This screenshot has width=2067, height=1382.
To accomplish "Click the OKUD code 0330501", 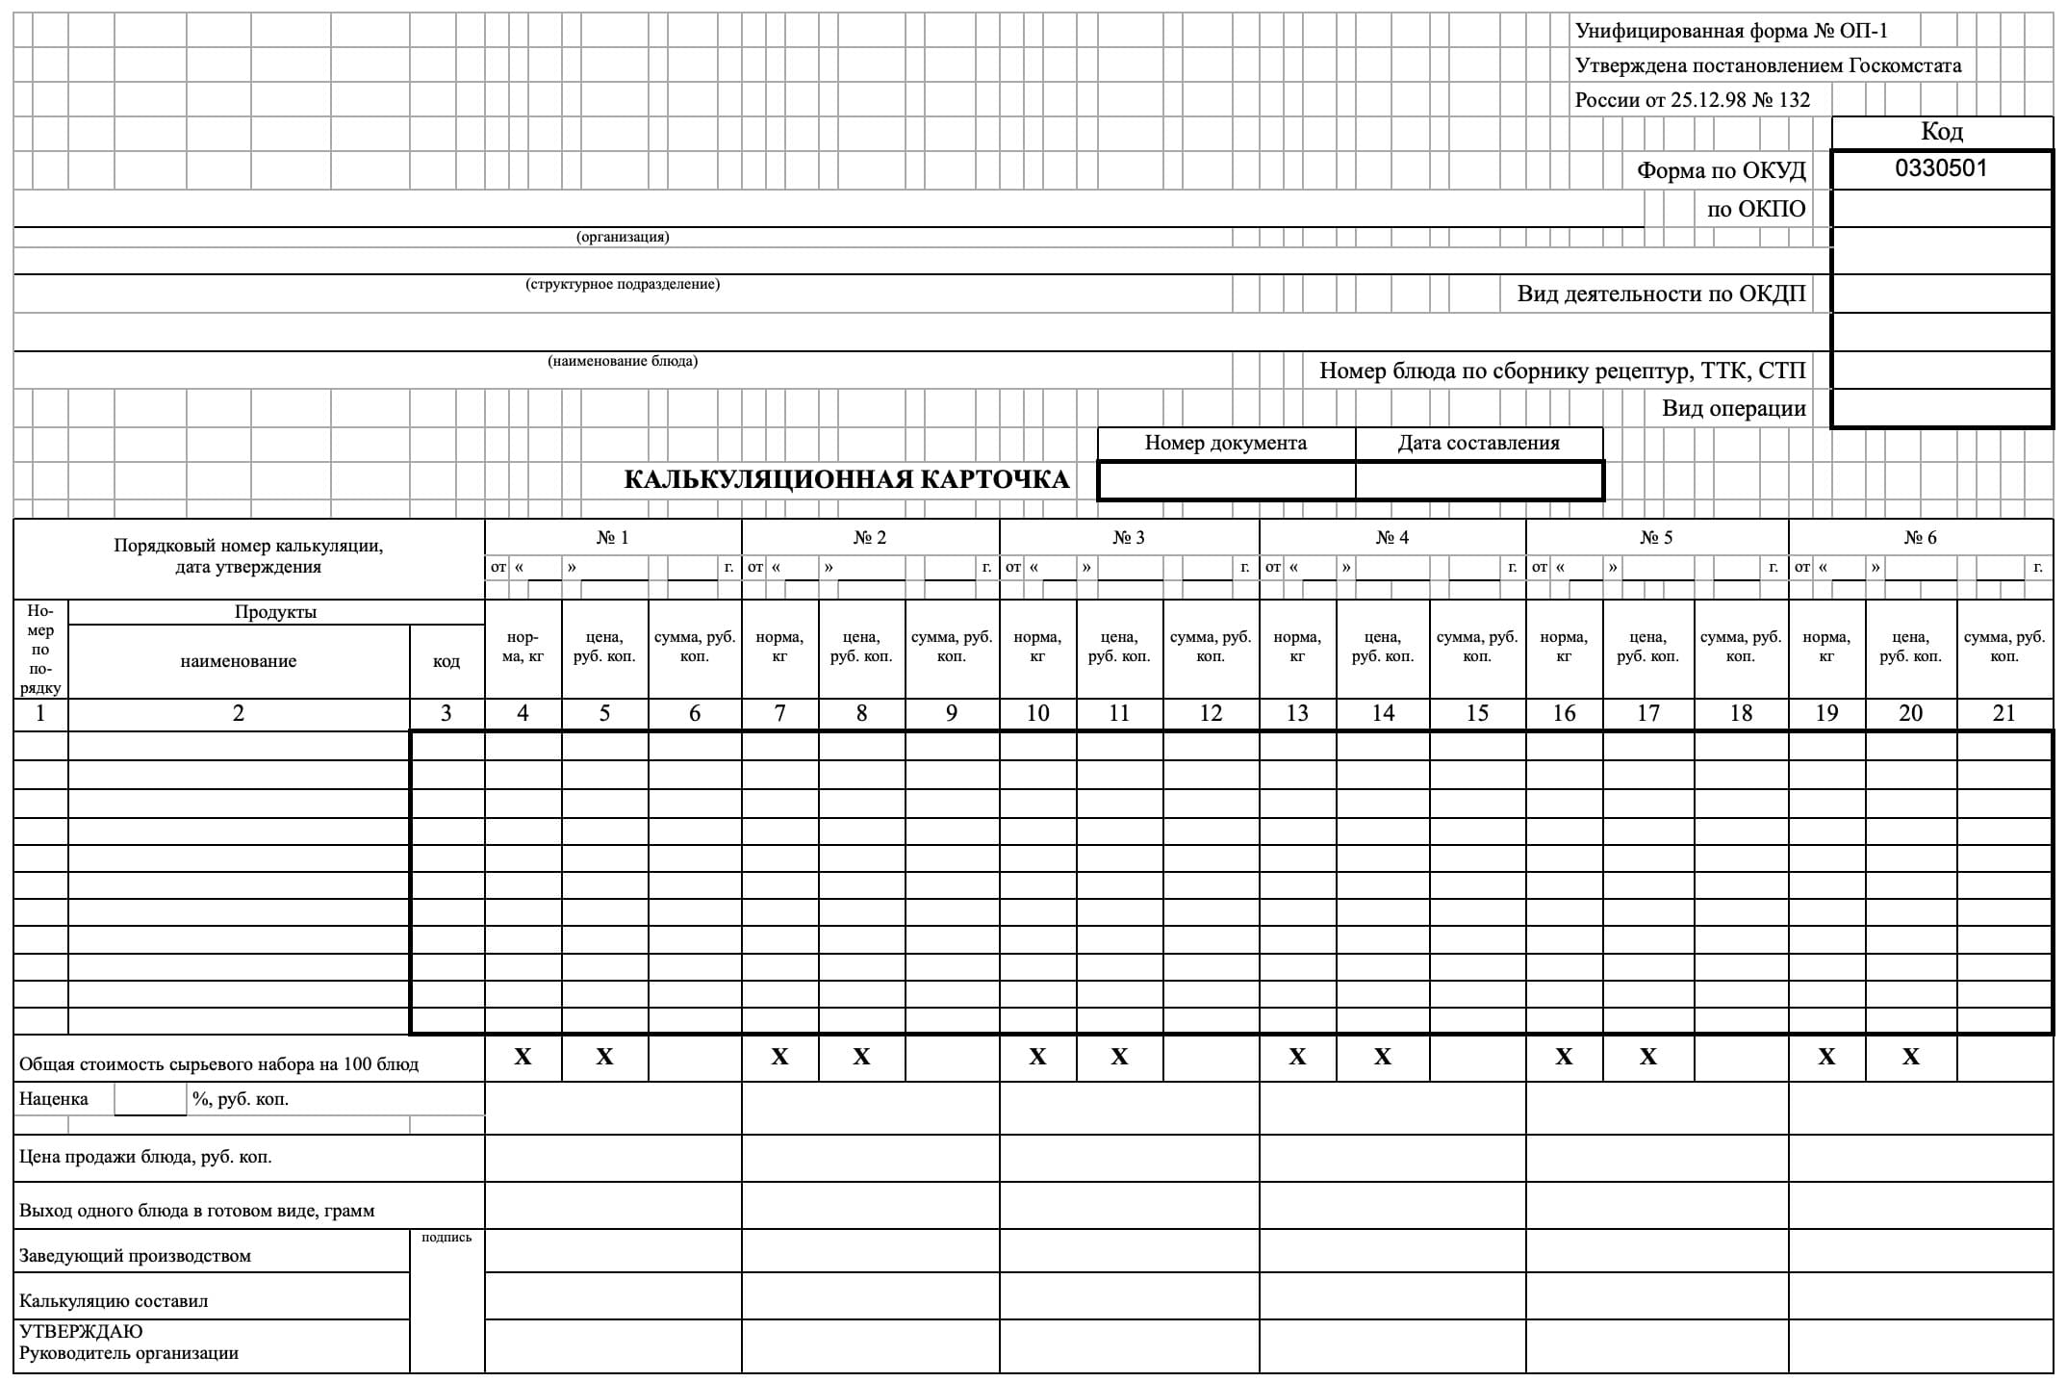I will [x=1940, y=168].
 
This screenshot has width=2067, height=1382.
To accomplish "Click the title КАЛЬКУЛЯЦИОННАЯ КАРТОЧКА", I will [x=846, y=479].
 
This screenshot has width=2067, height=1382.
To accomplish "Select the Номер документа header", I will [x=1225, y=443].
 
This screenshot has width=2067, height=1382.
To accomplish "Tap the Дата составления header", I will [x=1478, y=443].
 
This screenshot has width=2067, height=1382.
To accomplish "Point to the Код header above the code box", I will [x=1941, y=131].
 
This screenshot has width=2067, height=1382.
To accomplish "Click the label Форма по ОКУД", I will [x=1721, y=171].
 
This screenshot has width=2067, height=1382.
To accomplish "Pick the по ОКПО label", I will [x=1755, y=209].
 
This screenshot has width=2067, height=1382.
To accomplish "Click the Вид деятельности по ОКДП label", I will [x=1661, y=294].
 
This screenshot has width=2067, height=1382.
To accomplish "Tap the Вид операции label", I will [x=1733, y=408].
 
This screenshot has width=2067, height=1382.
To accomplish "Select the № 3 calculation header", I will [x=1129, y=537].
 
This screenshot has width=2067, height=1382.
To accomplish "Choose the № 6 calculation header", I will [x=1920, y=537].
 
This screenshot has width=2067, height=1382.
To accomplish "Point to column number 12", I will [x=1211, y=713].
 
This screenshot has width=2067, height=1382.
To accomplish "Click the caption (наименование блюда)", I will [x=623, y=362].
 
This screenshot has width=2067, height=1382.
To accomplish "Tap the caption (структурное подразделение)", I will [x=623, y=285].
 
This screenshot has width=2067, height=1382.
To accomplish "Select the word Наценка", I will [x=54, y=1099].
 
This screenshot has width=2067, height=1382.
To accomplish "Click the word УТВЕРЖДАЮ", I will [x=81, y=1332].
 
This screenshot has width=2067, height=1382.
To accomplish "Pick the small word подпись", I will [x=447, y=1238].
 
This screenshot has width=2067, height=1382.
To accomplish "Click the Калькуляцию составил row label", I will [x=114, y=1301].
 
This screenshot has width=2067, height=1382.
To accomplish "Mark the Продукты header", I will [x=275, y=612].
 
